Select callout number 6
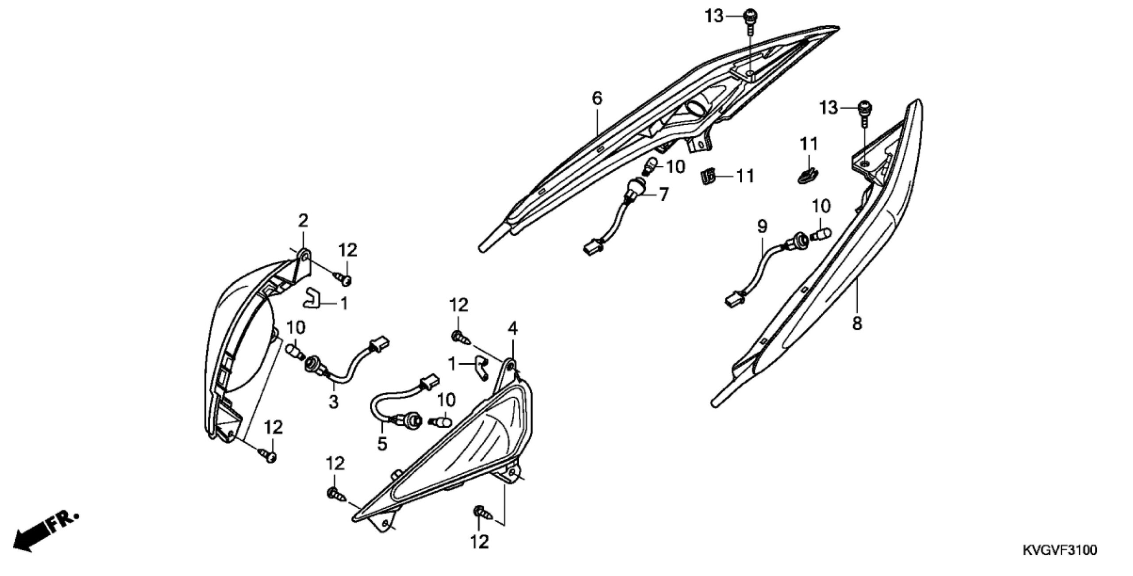coord(597,98)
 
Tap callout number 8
coord(857,324)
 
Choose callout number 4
coord(513,329)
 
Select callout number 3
coord(333,402)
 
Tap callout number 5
coord(382,443)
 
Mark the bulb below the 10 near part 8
coord(822,232)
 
